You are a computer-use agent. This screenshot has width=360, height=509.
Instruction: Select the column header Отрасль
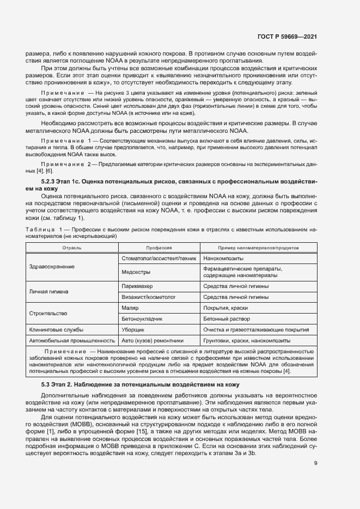point(72,247)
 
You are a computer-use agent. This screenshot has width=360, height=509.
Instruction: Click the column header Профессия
point(158,247)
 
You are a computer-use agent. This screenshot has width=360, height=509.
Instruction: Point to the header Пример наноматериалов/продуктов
point(258,247)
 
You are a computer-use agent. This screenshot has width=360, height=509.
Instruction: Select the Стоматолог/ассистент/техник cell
point(158,258)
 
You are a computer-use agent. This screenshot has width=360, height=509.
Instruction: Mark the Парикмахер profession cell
point(137,286)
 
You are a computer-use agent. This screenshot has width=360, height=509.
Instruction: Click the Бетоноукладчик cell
point(142,319)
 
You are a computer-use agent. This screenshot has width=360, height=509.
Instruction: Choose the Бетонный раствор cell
point(226,319)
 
